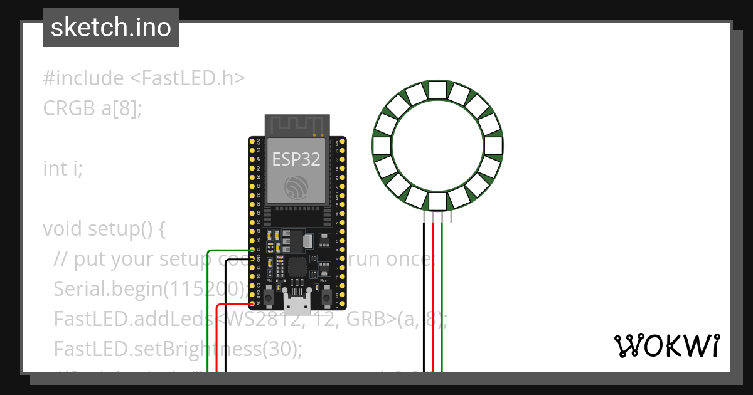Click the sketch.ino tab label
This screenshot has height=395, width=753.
tap(111, 28)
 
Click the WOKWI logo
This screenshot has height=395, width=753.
tap(666, 345)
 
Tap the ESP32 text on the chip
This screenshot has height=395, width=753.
tap(296, 159)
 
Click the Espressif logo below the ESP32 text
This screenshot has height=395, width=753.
tap(296, 187)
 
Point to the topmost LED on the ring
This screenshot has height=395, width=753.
tap(437, 92)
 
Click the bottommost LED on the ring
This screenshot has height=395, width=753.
tap(437, 201)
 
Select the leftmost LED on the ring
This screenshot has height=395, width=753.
tap(383, 146)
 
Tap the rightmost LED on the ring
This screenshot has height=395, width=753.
tap(493, 146)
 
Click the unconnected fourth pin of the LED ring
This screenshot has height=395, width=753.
tap(451, 216)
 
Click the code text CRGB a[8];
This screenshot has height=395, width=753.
tap(93, 108)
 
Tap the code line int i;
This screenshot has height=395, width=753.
tap(63, 169)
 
